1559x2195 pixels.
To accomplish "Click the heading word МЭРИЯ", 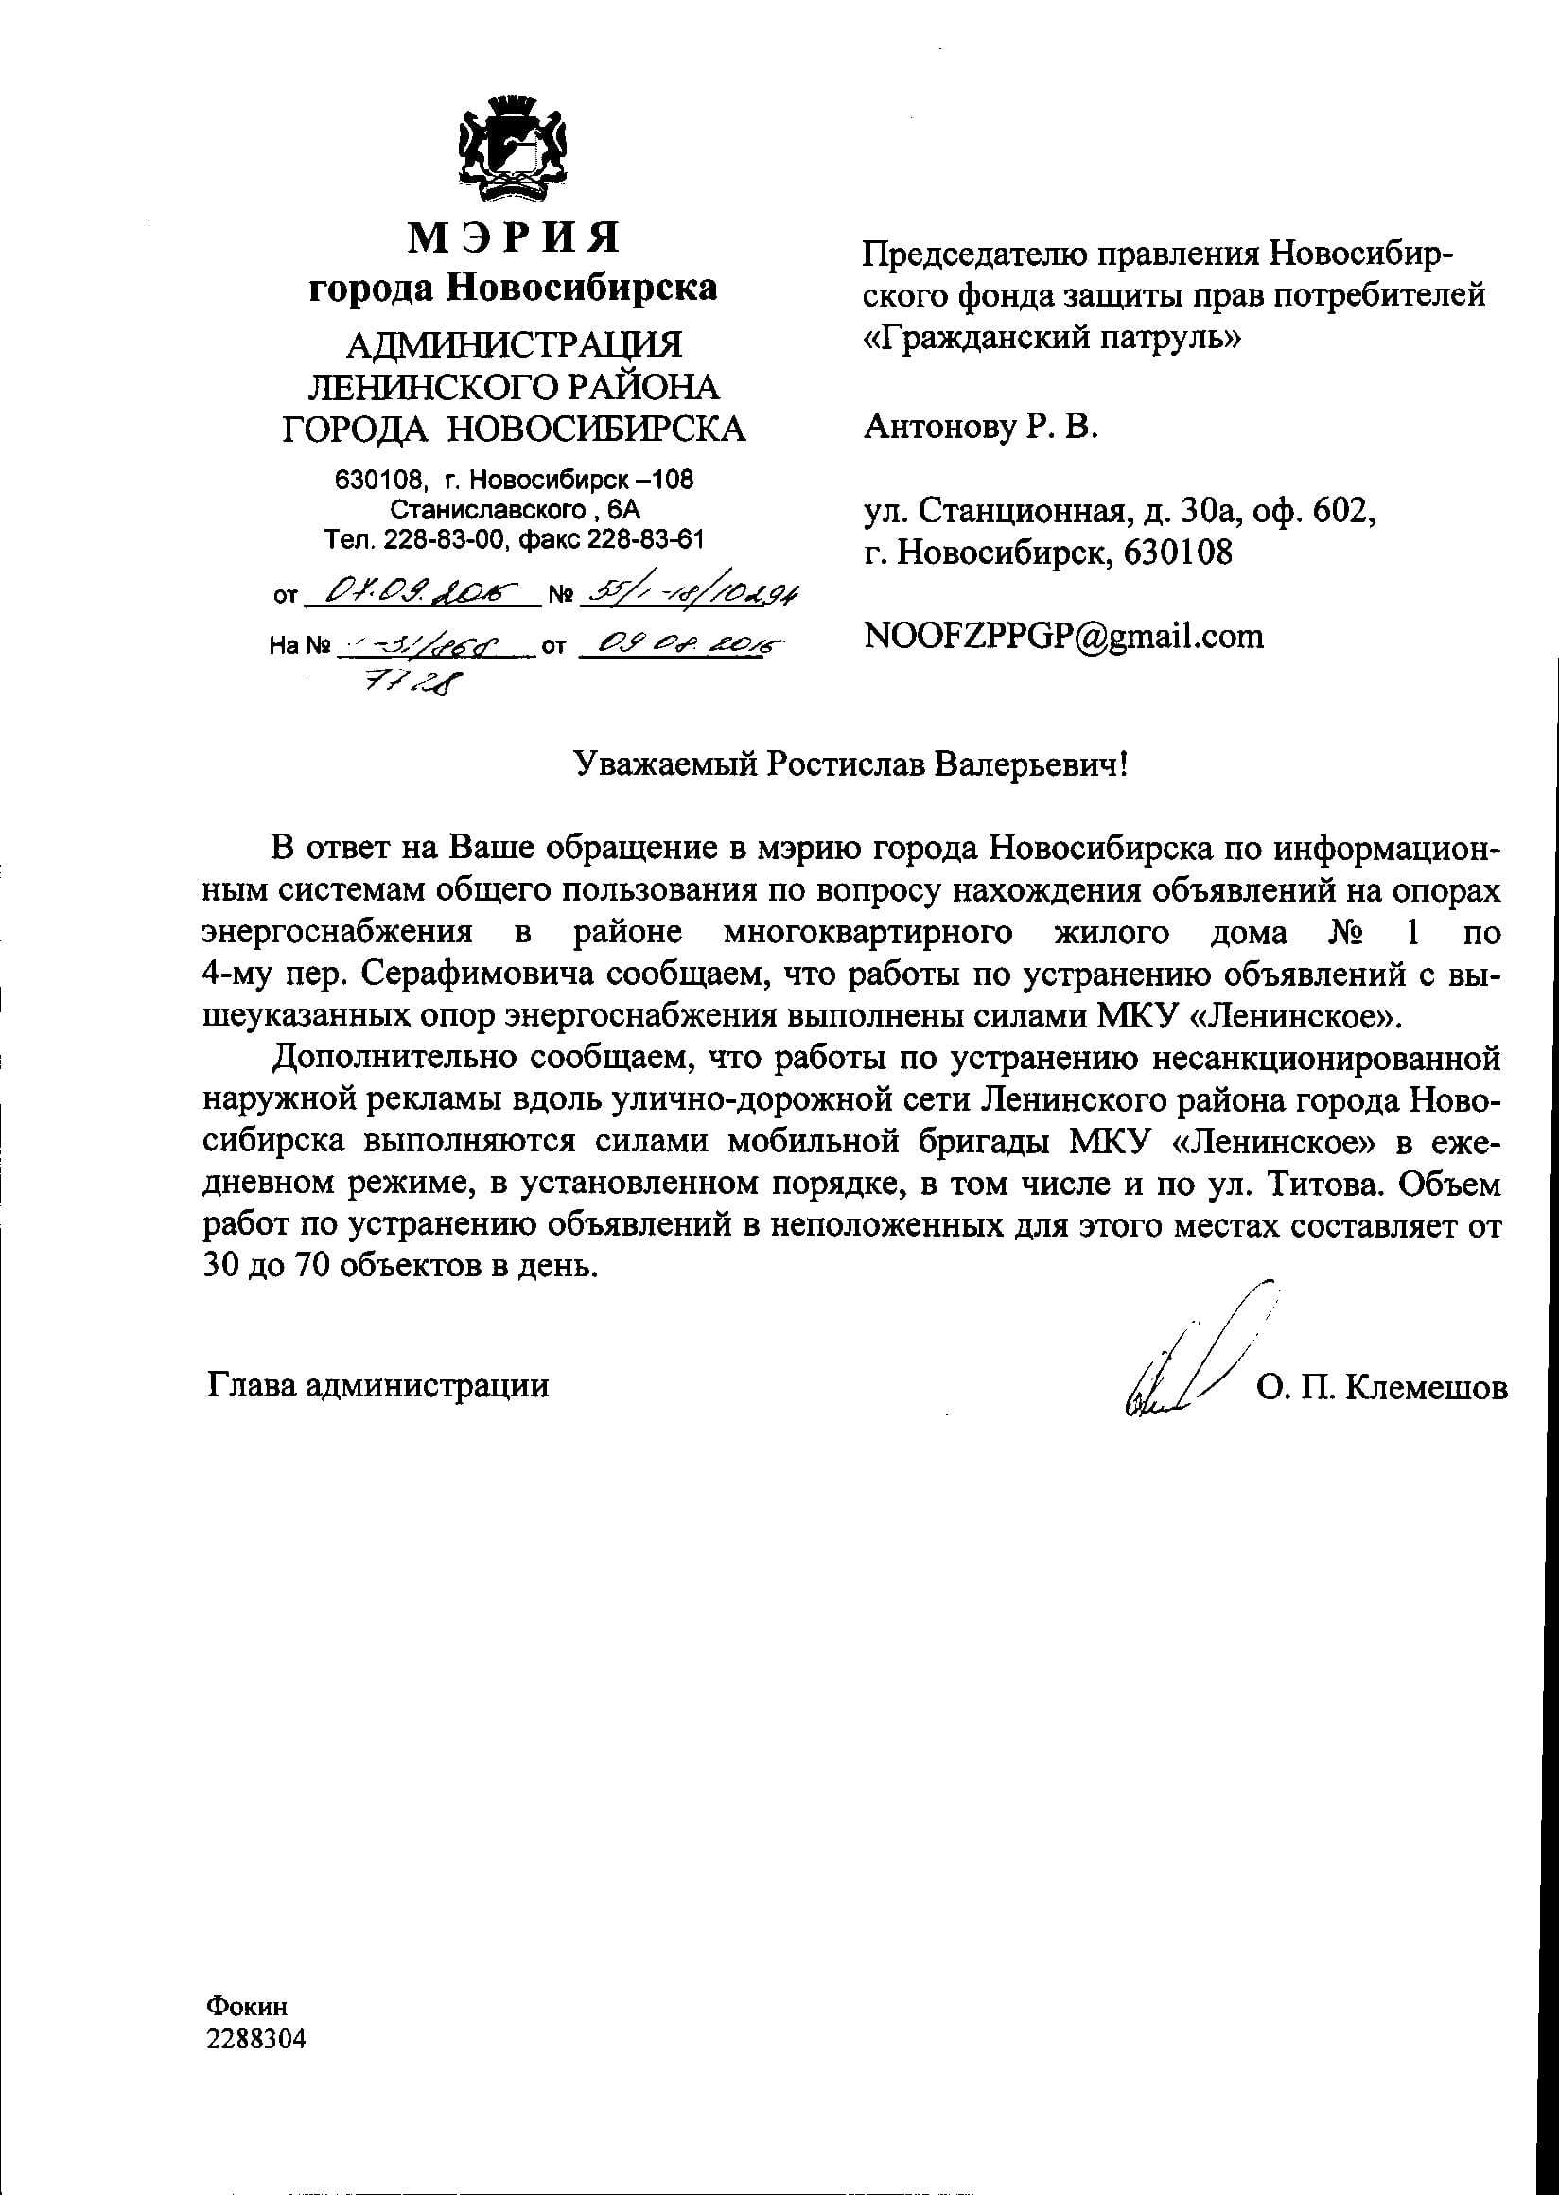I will point(514,237).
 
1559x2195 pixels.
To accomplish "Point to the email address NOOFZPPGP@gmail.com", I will point(1063,636).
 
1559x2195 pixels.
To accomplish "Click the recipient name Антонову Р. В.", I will point(979,427).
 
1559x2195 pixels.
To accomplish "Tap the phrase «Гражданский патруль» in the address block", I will point(1052,337).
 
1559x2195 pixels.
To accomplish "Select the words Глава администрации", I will point(377,1385).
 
